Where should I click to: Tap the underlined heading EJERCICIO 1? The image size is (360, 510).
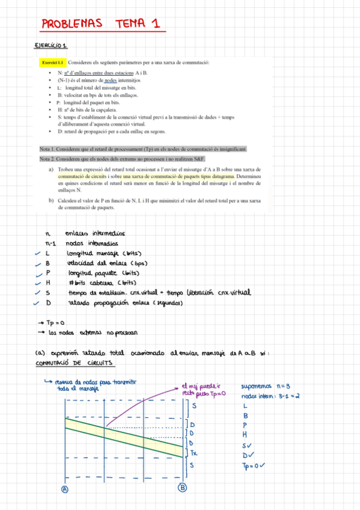pyautogui.click(x=52, y=46)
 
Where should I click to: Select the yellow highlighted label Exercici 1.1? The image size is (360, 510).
pyautogui.click(x=52, y=62)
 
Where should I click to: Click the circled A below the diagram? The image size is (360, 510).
pyautogui.click(x=65, y=489)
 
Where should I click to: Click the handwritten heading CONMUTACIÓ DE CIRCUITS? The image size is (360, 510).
pyautogui.click(x=76, y=363)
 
